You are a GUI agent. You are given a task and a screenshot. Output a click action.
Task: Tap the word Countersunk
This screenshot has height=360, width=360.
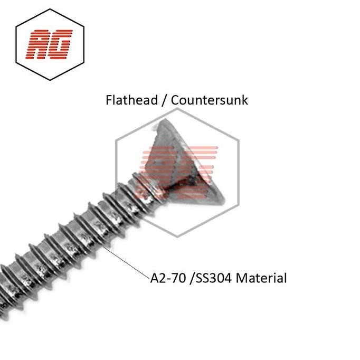click(x=210, y=100)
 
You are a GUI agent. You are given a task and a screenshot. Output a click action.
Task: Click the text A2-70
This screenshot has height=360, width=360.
click(x=165, y=278)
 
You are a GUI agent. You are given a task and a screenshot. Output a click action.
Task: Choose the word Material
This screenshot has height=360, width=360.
click(x=261, y=278)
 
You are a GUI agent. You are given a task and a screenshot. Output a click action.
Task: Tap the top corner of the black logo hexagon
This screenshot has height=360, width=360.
click(x=50, y=9)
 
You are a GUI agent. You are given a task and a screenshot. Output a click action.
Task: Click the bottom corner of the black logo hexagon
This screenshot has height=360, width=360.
click(x=50, y=80)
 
